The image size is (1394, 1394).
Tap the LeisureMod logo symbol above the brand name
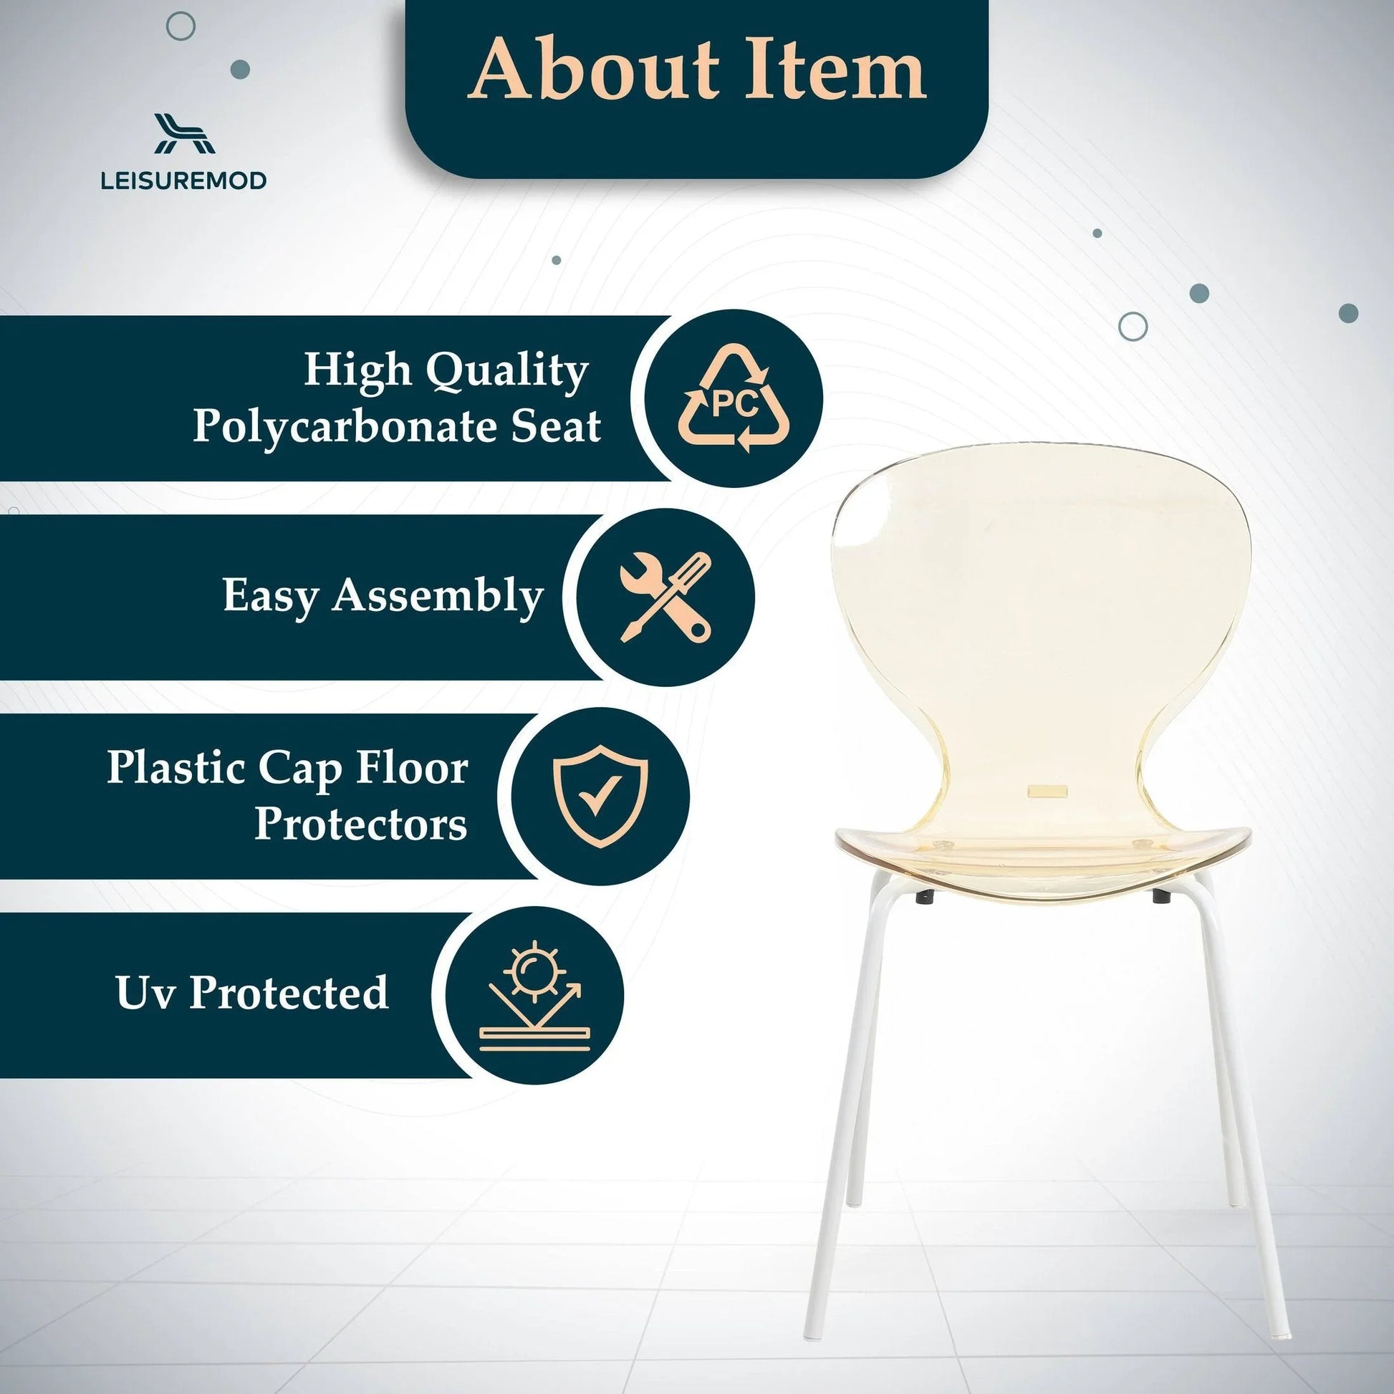[185, 134]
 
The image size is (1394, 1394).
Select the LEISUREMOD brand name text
[184, 181]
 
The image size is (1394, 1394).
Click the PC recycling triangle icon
[734, 399]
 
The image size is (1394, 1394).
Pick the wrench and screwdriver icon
[665, 597]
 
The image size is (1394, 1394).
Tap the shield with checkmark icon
[600, 796]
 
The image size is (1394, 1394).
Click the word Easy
[271, 596]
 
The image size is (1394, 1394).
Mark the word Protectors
[361, 823]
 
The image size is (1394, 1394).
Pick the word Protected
[289, 993]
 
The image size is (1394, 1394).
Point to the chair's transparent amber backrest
[1039, 613]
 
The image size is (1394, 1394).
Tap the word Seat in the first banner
[556, 426]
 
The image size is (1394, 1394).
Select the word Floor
[412, 768]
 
